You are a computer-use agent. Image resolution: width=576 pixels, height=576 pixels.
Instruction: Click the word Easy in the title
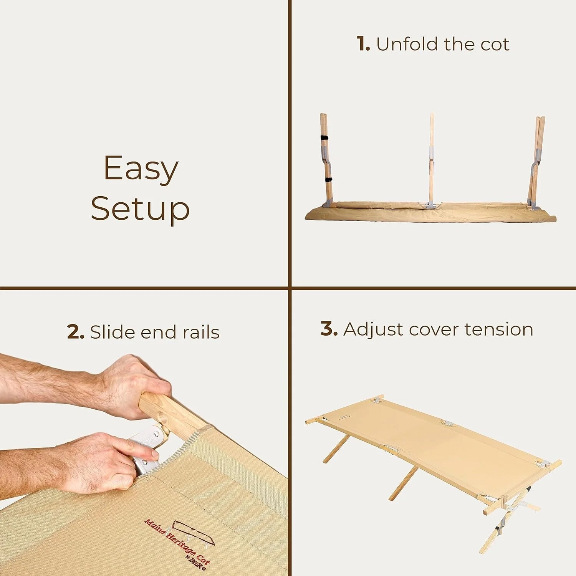(141, 169)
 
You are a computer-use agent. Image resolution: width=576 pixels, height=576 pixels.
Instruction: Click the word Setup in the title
(140, 209)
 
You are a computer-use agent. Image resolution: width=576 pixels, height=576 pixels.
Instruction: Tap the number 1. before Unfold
(363, 44)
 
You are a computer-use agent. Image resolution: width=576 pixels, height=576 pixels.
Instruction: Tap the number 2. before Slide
(76, 332)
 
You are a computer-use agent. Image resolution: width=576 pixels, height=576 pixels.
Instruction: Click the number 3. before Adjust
(329, 329)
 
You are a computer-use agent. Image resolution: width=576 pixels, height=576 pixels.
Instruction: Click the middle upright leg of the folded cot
(432, 161)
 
